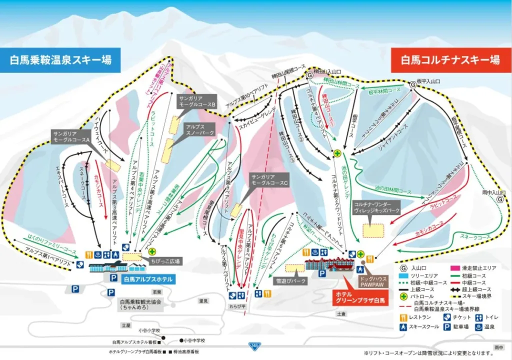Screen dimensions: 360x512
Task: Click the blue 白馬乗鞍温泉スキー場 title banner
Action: click(x=60, y=60)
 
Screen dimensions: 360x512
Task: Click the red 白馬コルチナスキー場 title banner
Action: click(x=450, y=60)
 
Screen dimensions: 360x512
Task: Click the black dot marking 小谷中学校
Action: click(x=179, y=339)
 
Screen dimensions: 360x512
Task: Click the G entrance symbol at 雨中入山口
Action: click(x=499, y=198)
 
